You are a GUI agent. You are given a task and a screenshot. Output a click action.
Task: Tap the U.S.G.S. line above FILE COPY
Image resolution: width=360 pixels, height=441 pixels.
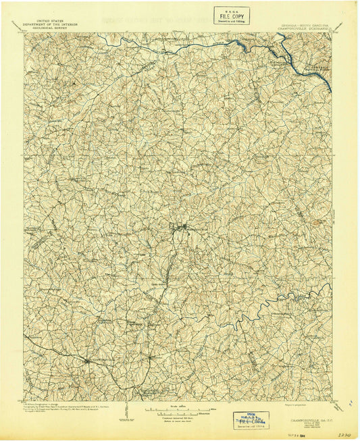tap(231, 9)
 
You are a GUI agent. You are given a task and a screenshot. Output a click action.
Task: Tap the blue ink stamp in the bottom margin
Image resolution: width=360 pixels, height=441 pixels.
tap(249, 419)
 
